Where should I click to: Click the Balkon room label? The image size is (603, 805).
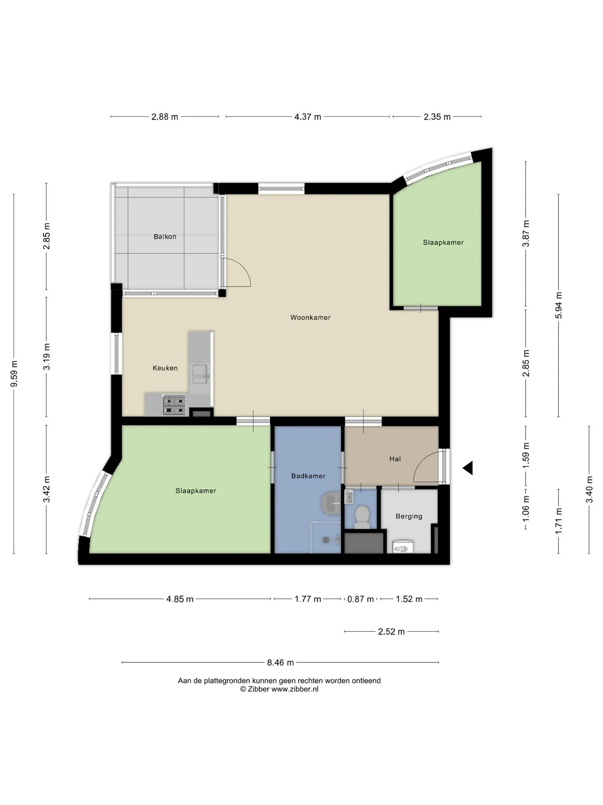[165, 237]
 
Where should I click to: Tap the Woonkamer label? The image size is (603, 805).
[310, 318]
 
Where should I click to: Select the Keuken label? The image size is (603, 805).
[165, 368]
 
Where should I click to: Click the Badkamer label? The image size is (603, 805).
[308, 476]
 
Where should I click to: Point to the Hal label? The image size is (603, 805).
[395, 459]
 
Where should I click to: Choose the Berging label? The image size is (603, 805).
[409, 517]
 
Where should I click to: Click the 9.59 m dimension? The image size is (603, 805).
[14, 374]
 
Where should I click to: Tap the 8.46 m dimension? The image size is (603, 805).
[280, 662]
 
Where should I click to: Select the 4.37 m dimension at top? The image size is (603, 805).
[308, 117]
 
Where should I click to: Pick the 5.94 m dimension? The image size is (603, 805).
[559, 305]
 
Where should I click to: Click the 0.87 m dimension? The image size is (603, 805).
[360, 599]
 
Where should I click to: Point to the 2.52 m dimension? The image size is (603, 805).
[391, 631]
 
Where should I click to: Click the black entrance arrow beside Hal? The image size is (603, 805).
[468, 468]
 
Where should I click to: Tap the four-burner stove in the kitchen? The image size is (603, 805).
[174, 405]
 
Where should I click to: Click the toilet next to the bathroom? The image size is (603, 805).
[361, 517]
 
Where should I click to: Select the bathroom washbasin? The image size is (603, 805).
[331, 502]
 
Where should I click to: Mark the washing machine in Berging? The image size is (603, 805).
[403, 547]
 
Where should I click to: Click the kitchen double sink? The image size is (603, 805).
[200, 374]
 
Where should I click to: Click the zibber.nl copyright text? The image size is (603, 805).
[279, 689]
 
